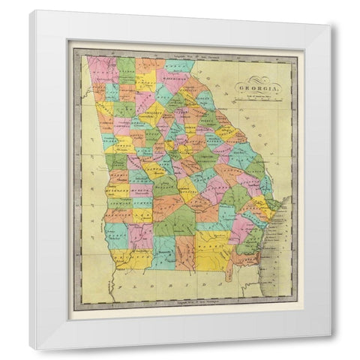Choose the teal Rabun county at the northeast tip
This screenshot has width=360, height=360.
(x=178, y=64)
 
